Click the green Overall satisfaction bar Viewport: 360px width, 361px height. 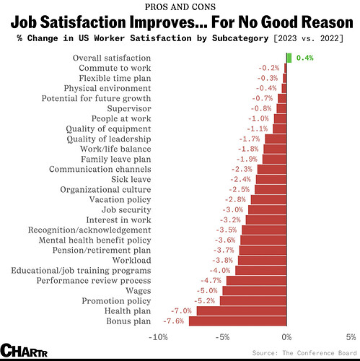(289, 58)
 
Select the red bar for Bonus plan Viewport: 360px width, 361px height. (237, 321)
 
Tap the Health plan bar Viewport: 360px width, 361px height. (242, 311)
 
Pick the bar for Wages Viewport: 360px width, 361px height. (255, 291)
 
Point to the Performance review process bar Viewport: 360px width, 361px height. (256, 281)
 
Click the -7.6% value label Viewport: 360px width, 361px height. (173, 321)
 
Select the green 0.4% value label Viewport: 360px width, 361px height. (304, 58)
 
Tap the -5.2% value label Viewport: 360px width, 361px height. (204, 301)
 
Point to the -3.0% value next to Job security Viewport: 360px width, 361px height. (232, 210)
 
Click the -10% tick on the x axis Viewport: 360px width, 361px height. (158, 337)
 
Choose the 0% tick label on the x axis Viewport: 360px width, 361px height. (286, 337)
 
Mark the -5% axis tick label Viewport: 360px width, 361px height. (222, 337)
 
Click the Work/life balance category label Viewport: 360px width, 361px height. (115, 149)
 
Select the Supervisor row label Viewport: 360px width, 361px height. (129, 109)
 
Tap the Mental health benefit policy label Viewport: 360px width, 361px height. (95, 240)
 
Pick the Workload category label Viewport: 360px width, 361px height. (132, 260)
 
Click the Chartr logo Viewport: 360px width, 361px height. (24, 350)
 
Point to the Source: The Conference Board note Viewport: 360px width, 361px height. (304, 353)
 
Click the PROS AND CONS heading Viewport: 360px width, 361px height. (180, 6)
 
